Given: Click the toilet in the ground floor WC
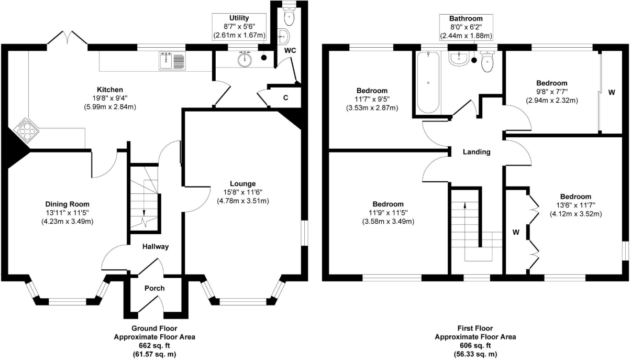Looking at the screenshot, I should pyautogui.click(x=288, y=18).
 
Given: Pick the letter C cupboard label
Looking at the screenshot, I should pyautogui.click(x=285, y=96).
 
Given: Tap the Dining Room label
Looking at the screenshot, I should pyautogui.click(x=67, y=204).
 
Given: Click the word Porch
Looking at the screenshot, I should pyautogui.click(x=154, y=288).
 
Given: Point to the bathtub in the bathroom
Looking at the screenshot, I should pyautogui.click(x=428, y=82).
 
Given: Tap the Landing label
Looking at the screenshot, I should pyautogui.click(x=477, y=152).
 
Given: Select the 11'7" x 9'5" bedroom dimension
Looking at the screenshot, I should pyautogui.click(x=372, y=99).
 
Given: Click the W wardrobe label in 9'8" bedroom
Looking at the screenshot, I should pyautogui.click(x=611, y=92).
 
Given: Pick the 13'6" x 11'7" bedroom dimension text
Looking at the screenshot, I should pyautogui.click(x=574, y=205).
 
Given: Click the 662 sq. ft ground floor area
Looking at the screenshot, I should pyautogui.click(x=154, y=345).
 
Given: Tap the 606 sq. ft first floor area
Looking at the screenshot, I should pyautogui.click(x=475, y=345).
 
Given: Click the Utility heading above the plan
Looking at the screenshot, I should pyautogui.click(x=239, y=18).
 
